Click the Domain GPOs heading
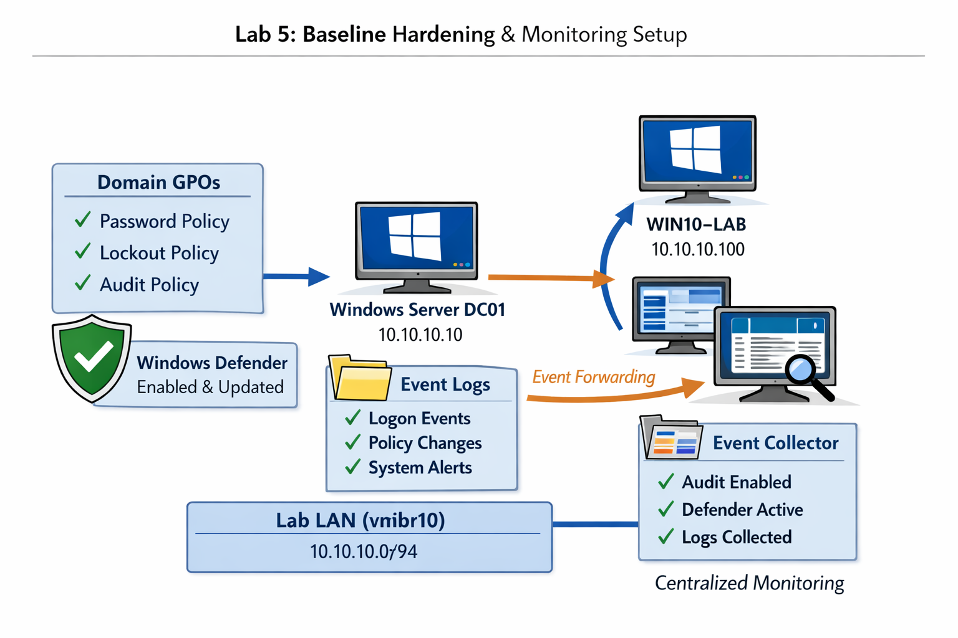point(158,182)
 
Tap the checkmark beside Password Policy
point(82,220)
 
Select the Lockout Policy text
point(159,253)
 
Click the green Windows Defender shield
point(92,358)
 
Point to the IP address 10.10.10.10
point(420,335)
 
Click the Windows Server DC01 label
point(417,310)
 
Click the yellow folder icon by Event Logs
point(359,378)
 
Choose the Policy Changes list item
point(425,443)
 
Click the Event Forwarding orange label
point(593,377)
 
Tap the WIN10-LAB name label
point(696,224)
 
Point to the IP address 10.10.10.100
point(697,249)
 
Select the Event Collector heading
point(775,443)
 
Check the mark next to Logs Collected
point(665,536)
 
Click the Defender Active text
point(742,510)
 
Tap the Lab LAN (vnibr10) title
point(360,520)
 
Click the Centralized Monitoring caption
point(749,583)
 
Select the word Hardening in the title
point(443,34)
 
